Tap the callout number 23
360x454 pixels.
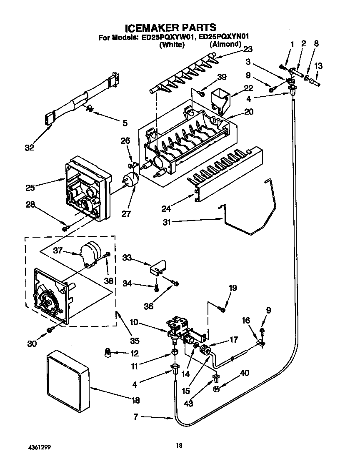[247, 49]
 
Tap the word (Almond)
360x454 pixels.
[225, 45]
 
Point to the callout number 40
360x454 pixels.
[245, 373]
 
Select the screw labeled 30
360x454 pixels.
[50, 330]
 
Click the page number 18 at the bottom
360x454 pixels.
[179, 446]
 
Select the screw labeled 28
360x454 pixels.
[65, 228]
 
